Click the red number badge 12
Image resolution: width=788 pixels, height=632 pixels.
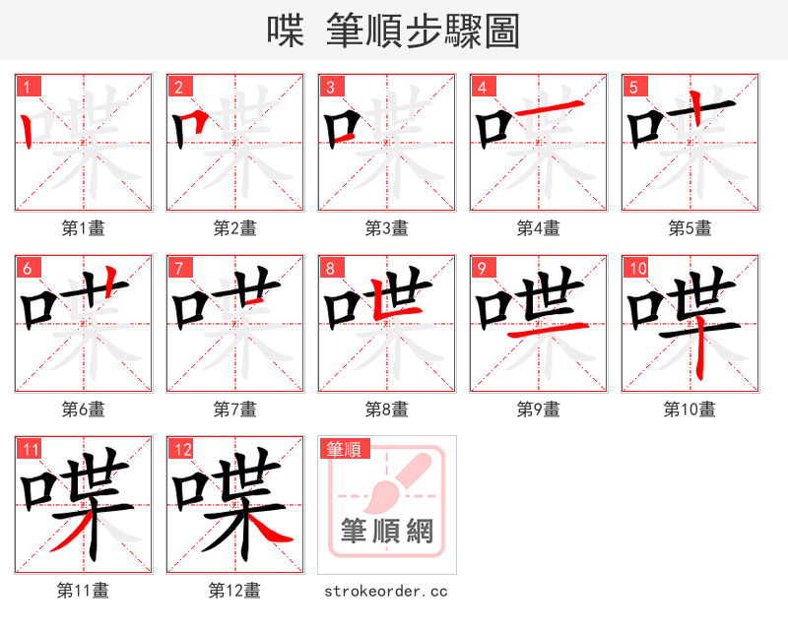(x=182, y=450)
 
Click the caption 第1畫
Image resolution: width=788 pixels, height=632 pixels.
(x=83, y=228)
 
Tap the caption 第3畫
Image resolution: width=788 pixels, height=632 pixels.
(x=386, y=228)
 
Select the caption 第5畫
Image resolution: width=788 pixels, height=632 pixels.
(x=689, y=228)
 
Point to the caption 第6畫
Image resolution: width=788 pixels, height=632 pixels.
(x=83, y=410)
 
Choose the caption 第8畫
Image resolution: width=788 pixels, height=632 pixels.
(x=386, y=410)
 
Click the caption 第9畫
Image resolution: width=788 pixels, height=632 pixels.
(x=538, y=410)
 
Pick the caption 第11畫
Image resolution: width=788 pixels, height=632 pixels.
(x=83, y=591)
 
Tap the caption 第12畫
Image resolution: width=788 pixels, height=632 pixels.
(x=234, y=591)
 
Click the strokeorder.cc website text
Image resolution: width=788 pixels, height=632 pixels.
(x=386, y=591)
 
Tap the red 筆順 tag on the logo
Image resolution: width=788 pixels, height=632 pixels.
(x=344, y=450)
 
